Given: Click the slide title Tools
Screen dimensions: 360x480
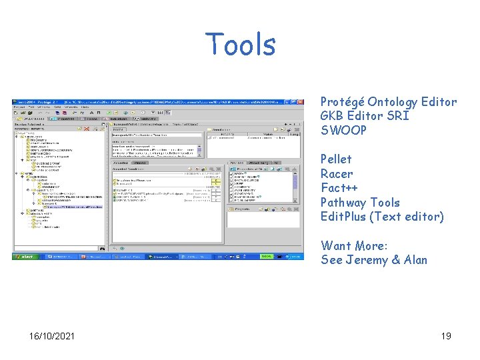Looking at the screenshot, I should click(240, 45).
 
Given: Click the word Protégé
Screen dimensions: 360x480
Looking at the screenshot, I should click(342, 102).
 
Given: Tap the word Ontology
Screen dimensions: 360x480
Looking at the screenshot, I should click(392, 102).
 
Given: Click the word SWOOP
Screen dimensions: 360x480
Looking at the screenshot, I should click(343, 130).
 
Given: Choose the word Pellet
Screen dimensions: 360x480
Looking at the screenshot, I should click(336, 159).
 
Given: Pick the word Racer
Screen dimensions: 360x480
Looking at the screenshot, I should click(337, 174).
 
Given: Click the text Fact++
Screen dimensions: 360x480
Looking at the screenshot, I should click(339, 188).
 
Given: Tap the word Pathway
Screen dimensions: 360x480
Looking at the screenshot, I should click(343, 203).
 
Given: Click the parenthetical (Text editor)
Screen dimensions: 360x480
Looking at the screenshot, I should click(409, 217).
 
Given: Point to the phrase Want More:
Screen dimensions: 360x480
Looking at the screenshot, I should click(354, 246).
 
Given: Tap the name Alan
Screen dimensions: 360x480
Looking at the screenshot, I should click(415, 260).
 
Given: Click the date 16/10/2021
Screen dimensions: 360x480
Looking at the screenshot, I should click(52, 335).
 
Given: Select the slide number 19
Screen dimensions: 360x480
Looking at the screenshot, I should click(446, 335).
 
